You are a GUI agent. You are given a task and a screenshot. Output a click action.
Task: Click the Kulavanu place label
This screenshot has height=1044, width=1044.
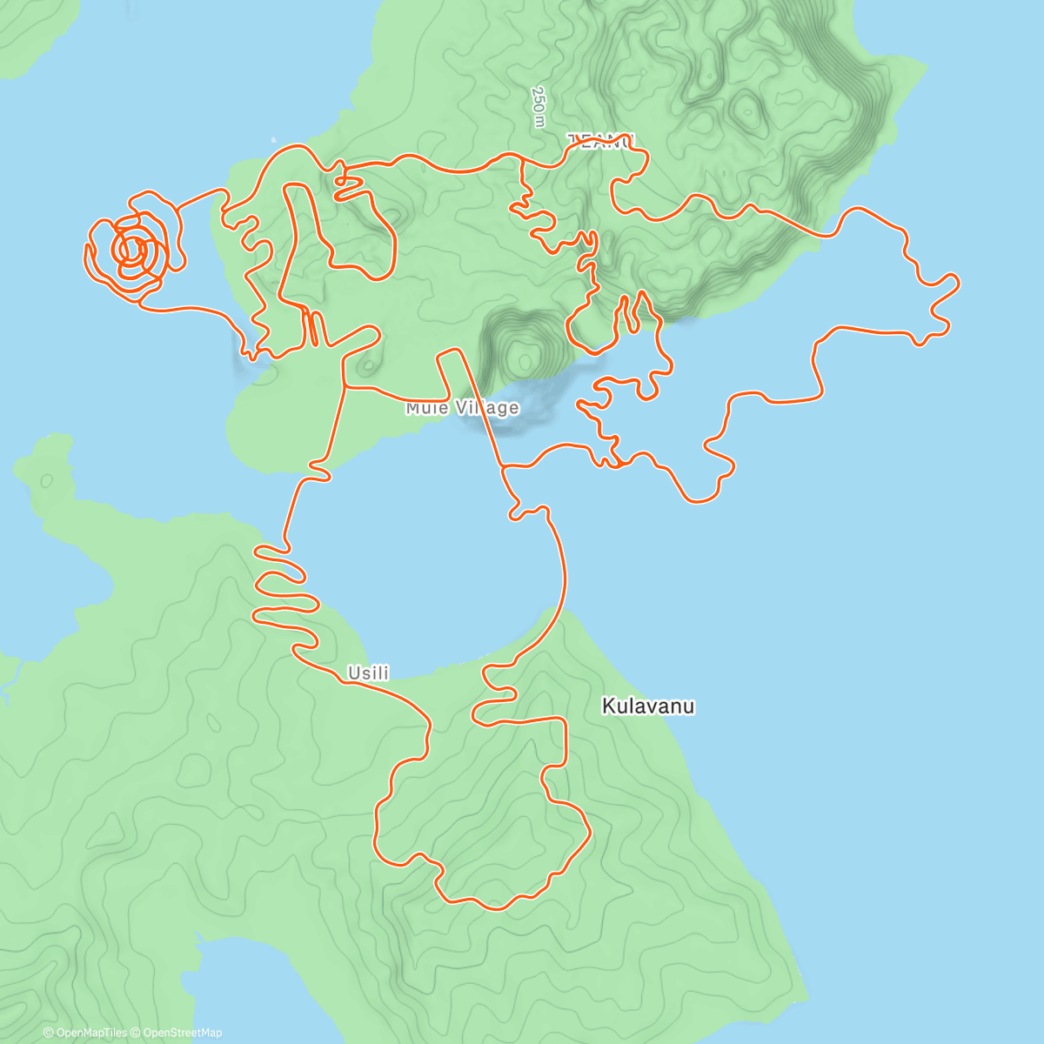[x=648, y=706]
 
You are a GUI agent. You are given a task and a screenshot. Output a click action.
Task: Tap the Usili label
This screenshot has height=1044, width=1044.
[x=368, y=673]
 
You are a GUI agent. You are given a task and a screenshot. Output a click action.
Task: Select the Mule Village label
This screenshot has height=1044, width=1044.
[x=462, y=408]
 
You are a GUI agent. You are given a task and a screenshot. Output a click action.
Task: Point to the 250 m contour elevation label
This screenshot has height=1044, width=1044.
[x=539, y=107]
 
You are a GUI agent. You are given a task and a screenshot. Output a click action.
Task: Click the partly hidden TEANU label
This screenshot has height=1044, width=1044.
[x=602, y=140]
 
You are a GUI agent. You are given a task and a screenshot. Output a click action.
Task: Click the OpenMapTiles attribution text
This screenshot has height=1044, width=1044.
[x=85, y=1033]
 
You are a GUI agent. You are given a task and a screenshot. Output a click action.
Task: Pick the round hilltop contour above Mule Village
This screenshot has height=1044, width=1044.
[x=524, y=358]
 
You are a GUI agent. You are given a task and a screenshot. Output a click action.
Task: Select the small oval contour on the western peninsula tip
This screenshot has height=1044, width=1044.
[x=45, y=479]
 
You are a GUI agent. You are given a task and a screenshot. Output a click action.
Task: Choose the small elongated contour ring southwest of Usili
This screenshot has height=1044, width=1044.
[x=212, y=722]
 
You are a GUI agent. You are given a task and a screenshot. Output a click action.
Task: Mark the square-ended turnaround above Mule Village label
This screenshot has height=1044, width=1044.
[x=449, y=351]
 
